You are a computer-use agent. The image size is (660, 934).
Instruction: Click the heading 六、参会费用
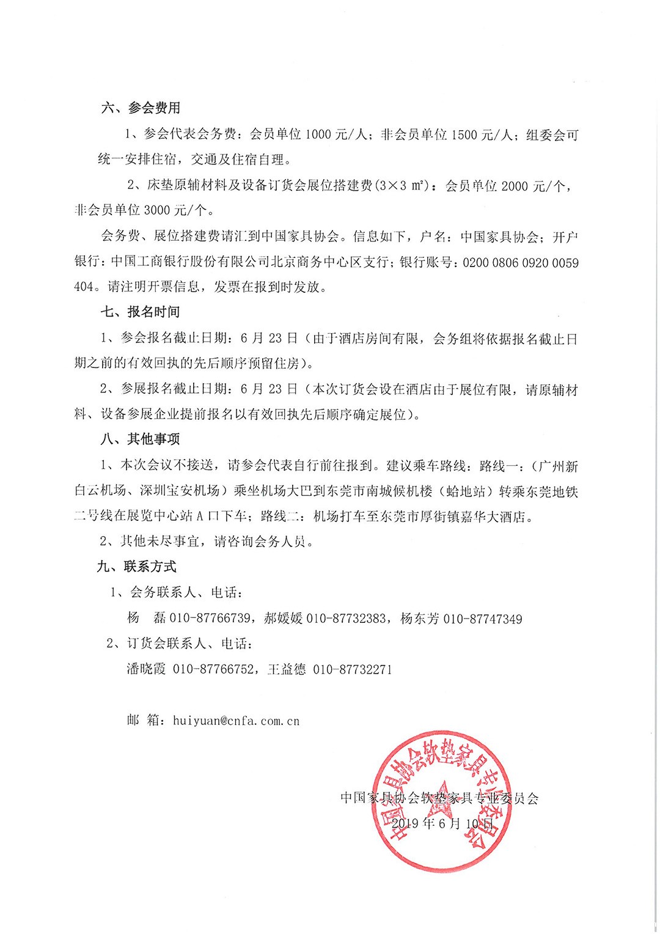click(x=141, y=108)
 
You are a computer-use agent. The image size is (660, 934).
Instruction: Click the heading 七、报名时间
click(x=141, y=312)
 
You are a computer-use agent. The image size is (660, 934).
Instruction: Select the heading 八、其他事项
click(x=141, y=439)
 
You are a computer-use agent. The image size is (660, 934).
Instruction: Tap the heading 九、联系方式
click(x=137, y=567)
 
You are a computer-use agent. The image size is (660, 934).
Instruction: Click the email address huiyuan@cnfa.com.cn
click(x=236, y=721)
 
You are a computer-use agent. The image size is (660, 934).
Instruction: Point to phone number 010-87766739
click(x=210, y=619)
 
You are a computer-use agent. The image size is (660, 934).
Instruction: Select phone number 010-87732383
click(x=346, y=619)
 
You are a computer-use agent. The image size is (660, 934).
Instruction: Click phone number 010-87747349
click(x=482, y=619)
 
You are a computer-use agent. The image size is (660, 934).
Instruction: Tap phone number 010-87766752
click(x=213, y=669)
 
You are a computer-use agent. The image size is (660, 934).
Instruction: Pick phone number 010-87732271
click(x=352, y=669)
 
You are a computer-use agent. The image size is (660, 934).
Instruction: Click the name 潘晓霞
click(x=146, y=669)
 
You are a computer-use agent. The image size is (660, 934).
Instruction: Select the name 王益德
click(x=287, y=669)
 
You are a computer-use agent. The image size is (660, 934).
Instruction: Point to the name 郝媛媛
click(x=283, y=619)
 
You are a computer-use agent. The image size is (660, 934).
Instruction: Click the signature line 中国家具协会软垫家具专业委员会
click(x=439, y=798)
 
